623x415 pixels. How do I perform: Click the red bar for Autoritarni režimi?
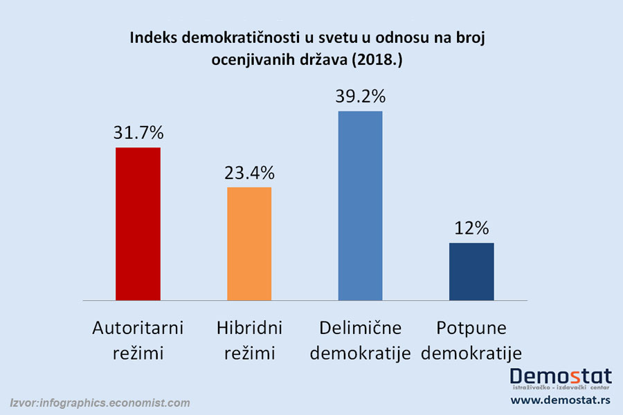(138, 223)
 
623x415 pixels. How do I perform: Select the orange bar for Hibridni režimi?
(249, 243)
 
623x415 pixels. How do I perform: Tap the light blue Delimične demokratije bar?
(360, 205)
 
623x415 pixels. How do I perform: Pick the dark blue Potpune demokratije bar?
(471, 271)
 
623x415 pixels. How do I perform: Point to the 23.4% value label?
(249, 173)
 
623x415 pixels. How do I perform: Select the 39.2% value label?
(360, 97)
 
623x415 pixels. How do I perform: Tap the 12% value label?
(471, 228)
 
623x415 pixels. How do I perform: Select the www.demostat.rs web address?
(560, 400)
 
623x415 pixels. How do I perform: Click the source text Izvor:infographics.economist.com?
(100, 403)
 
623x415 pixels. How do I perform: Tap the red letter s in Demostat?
(572, 376)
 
